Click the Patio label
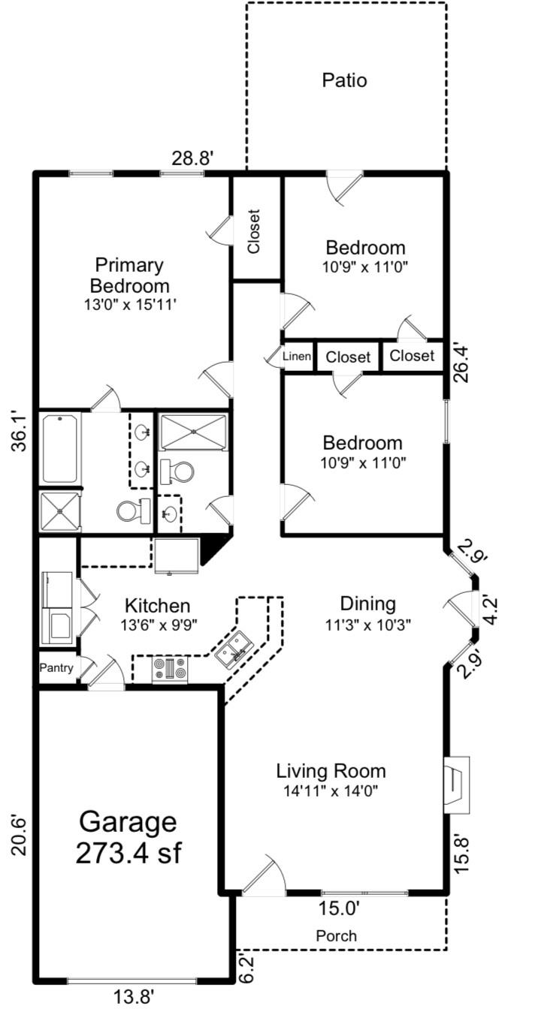point(344,80)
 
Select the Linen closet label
point(297,357)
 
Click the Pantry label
point(56,667)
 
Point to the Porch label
point(337,935)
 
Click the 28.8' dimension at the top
point(192,158)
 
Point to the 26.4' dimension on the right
point(461,364)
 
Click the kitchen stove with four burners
point(170,668)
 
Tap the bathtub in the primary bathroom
point(60,449)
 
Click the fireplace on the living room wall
point(456,785)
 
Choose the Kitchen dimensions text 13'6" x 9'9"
point(159,625)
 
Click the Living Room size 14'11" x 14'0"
point(331,791)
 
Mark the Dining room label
point(368,604)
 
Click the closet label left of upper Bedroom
point(254,231)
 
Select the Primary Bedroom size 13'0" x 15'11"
point(129,305)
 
